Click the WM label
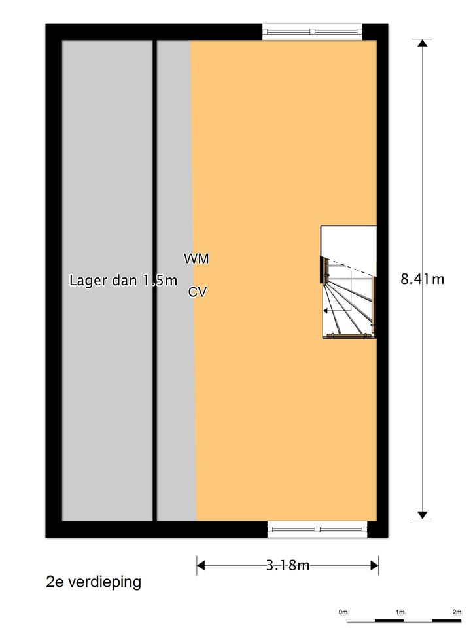click(x=196, y=259)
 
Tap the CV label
click(x=198, y=292)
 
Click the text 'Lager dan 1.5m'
click(x=124, y=280)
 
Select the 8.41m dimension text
click(x=422, y=279)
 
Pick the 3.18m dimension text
click(x=288, y=565)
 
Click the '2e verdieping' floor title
click(x=94, y=582)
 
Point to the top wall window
click(x=312, y=31)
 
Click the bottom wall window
click(x=317, y=529)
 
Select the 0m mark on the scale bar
click(x=343, y=612)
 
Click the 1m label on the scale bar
click(x=400, y=612)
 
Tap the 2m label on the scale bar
click(x=457, y=612)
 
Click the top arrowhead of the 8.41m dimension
click(x=422, y=43)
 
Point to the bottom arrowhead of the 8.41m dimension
click(x=422, y=515)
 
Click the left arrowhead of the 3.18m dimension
click(x=201, y=565)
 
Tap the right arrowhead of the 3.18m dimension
click(x=374, y=565)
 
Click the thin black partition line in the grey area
click(x=154, y=281)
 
